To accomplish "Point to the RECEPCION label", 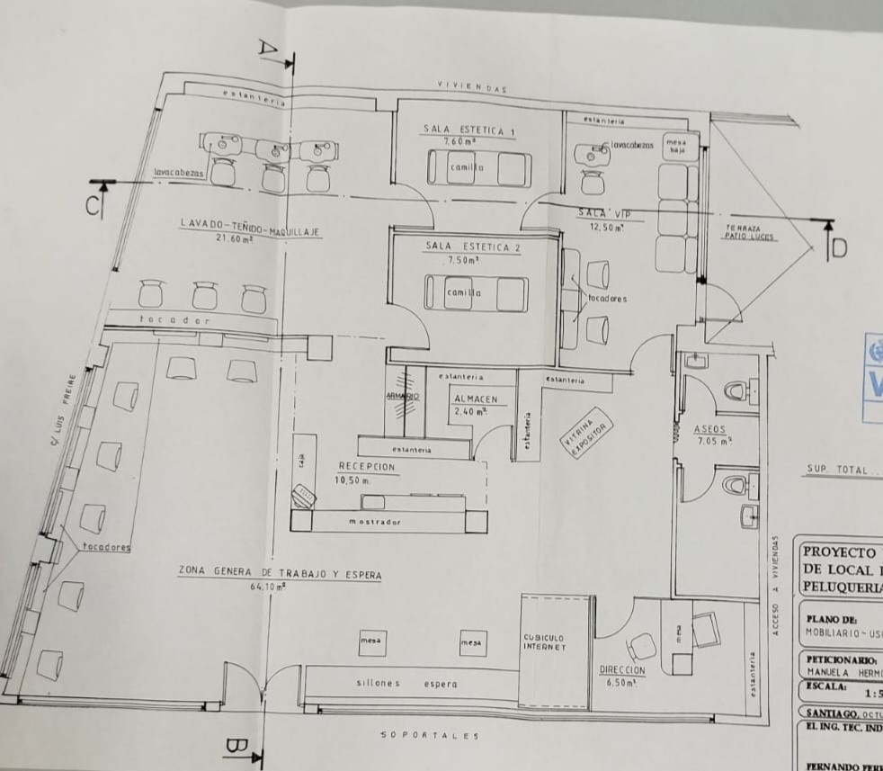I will coord(366,467).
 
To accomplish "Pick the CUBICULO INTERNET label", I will coord(545,642).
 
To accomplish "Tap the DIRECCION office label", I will coord(621,671).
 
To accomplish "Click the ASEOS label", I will coord(710,429).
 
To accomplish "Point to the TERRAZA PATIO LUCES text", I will coord(751,233).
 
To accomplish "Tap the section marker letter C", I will coord(94,206).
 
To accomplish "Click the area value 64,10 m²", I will coord(268,587).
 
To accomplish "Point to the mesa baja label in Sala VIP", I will coord(675,146).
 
